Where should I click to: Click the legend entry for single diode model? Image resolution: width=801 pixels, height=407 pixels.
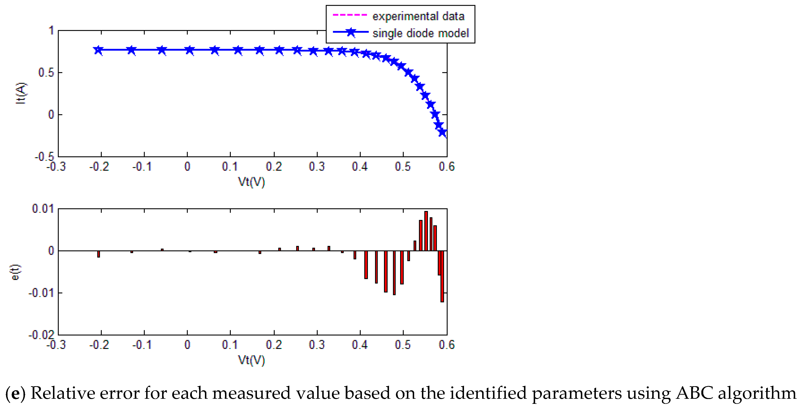420,33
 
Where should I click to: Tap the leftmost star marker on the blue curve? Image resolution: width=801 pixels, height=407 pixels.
98,50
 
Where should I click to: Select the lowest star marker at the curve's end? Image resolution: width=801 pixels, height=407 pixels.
442,132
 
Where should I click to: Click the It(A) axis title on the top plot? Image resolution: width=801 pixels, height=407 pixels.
21,93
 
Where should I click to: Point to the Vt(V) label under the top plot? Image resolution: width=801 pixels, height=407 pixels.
251,182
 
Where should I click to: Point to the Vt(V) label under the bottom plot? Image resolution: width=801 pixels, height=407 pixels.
251,360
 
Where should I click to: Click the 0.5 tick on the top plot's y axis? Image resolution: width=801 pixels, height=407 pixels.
46,73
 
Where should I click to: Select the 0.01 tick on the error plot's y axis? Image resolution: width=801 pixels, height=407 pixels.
43,209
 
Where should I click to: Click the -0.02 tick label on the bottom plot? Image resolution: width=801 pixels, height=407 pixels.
41,335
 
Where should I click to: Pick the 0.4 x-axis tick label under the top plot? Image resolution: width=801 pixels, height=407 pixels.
360,167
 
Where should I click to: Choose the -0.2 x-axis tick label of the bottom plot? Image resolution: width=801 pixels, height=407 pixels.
99,345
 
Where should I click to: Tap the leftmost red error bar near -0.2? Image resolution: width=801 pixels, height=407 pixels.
98,254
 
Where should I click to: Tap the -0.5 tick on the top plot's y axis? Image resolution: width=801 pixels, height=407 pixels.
44,157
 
